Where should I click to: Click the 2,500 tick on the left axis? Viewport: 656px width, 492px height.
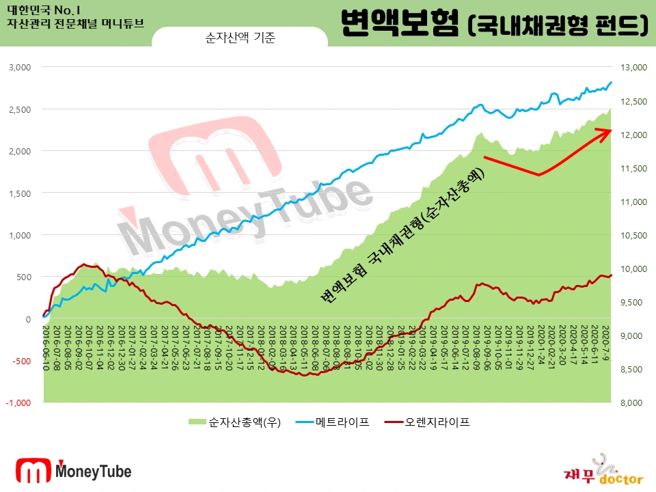pos(20,109)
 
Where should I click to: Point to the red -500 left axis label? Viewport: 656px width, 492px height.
pos(20,361)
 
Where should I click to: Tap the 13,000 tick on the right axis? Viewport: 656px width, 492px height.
pos(632,68)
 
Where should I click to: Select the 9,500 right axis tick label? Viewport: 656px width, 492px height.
pos(631,302)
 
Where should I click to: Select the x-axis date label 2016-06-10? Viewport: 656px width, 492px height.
pos(46,348)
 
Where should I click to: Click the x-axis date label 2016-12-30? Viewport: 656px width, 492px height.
pos(122,348)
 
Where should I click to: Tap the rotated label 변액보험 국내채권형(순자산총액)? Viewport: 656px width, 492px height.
pos(403,236)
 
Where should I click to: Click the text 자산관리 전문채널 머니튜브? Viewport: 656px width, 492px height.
pos(76,23)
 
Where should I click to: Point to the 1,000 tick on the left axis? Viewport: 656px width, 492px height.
pos(20,235)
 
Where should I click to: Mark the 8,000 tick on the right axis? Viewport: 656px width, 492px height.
pos(631,402)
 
